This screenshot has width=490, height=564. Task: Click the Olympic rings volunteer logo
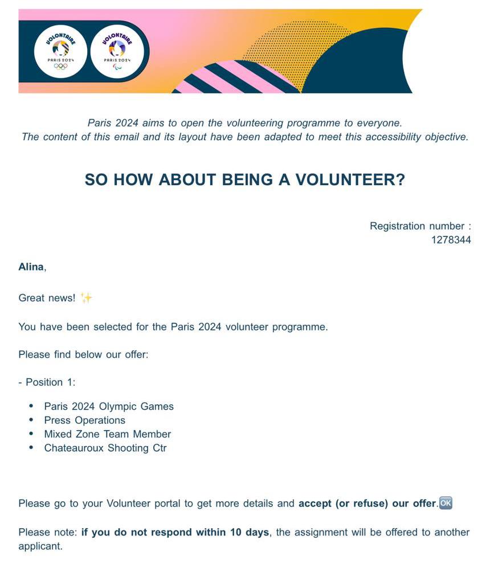[x=60, y=51]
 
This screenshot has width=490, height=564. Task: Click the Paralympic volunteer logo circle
[x=117, y=51]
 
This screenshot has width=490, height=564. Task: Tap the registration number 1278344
[x=451, y=240]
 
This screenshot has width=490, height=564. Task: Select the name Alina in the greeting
[x=31, y=267]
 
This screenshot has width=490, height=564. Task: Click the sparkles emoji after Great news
[x=86, y=297]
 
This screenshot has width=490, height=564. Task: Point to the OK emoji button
[x=446, y=503]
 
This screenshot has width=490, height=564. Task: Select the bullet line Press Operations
[x=84, y=420]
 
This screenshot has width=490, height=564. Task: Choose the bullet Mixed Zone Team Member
[x=107, y=434]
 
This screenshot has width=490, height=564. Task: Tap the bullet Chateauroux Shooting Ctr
[x=105, y=448]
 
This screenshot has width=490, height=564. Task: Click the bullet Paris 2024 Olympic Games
[x=109, y=407]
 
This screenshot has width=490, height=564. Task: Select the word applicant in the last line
[x=40, y=546]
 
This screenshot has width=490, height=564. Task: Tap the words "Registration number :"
[x=420, y=226]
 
